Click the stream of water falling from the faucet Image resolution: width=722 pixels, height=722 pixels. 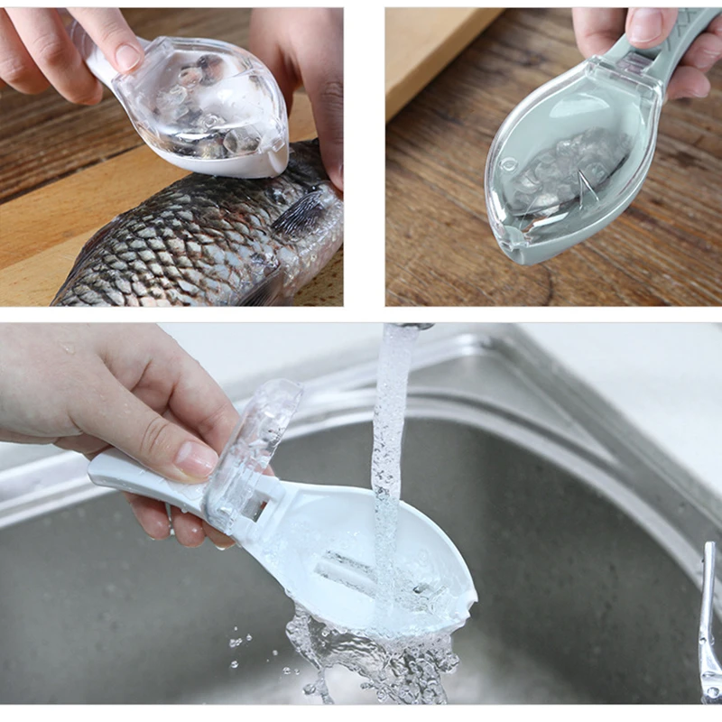click(x=390, y=433)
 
